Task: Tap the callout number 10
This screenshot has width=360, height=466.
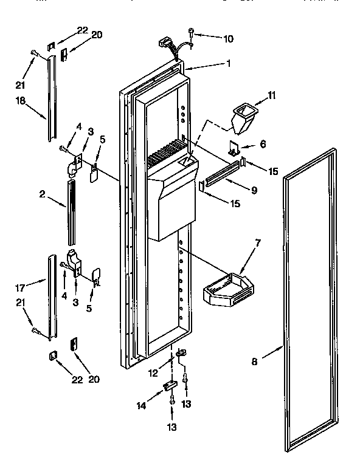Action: (x=228, y=39)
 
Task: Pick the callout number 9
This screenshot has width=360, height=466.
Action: (x=254, y=190)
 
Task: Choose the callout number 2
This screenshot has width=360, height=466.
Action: (x=42, y=194)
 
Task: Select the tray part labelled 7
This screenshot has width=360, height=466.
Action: (x=224, y=286)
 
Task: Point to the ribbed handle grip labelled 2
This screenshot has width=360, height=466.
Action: (x=69, y=204)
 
